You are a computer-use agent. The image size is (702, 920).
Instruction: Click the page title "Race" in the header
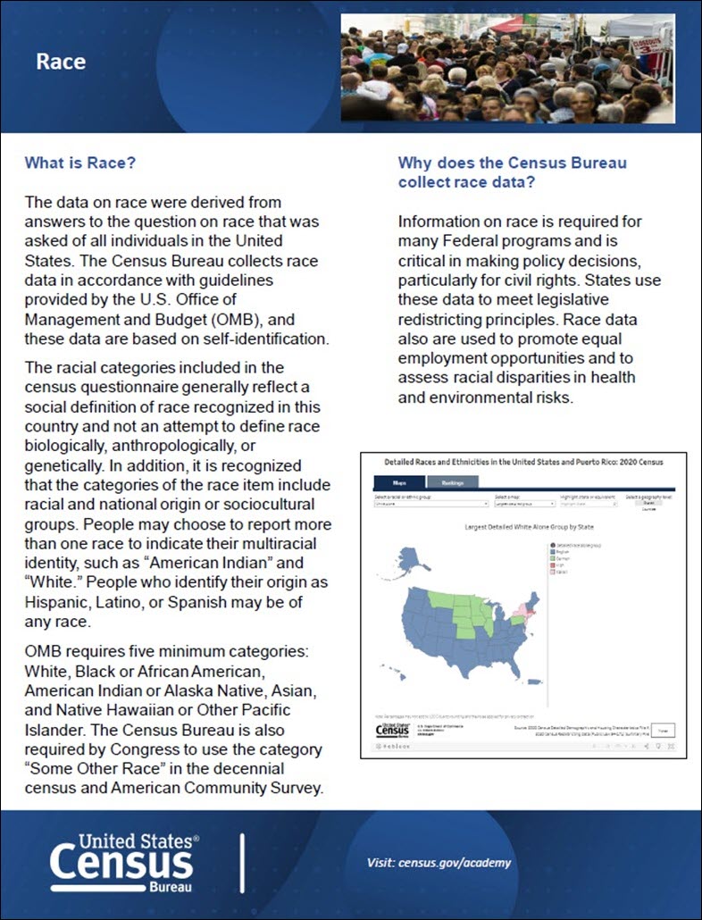61,62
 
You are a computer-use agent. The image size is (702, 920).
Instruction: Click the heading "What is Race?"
79,163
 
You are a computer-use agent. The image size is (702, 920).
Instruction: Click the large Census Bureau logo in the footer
123,862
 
